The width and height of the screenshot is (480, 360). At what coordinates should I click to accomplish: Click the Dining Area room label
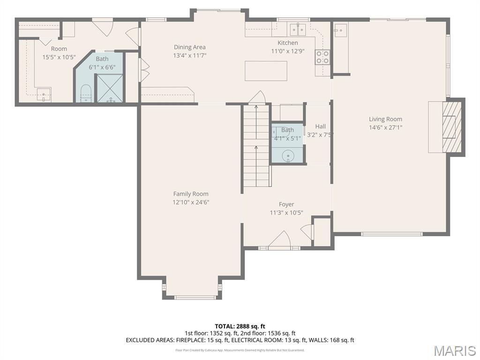coord(189,47)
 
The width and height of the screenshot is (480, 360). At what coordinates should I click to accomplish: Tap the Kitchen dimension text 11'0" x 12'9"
coord(288,51)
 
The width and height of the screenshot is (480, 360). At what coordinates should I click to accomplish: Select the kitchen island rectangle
coord(266,71)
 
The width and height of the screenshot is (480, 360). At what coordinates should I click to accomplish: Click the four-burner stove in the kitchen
coord(322,57)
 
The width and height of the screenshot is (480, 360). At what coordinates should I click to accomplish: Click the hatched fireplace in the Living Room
coord(449,126)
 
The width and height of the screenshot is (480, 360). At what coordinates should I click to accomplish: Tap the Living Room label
coord(385,119)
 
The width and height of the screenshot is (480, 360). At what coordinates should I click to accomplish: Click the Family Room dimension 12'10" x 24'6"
coord(190,202)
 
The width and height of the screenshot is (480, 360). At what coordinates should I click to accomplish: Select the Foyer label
coord(286,204)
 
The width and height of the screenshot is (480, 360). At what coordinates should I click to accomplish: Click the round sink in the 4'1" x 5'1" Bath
coord(287,156)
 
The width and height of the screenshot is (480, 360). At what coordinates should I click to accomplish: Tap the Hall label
coord(320,127)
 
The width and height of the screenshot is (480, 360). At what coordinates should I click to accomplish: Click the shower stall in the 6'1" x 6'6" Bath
coord(110,88)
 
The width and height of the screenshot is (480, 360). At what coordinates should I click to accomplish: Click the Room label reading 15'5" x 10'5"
coord(59,49)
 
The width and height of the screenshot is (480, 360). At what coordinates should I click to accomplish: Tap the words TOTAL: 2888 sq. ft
coord(240,326)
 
